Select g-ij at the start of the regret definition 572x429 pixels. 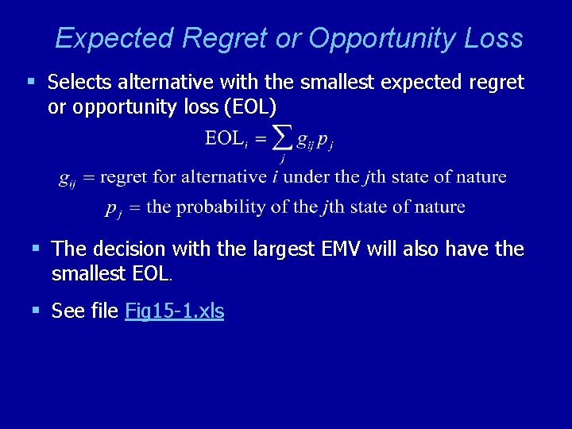68,179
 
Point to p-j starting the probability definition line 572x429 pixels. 112,209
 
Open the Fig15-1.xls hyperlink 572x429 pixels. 174,311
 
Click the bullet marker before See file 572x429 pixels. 36,311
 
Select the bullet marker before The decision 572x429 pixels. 36,249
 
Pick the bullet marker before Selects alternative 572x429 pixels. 32,82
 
